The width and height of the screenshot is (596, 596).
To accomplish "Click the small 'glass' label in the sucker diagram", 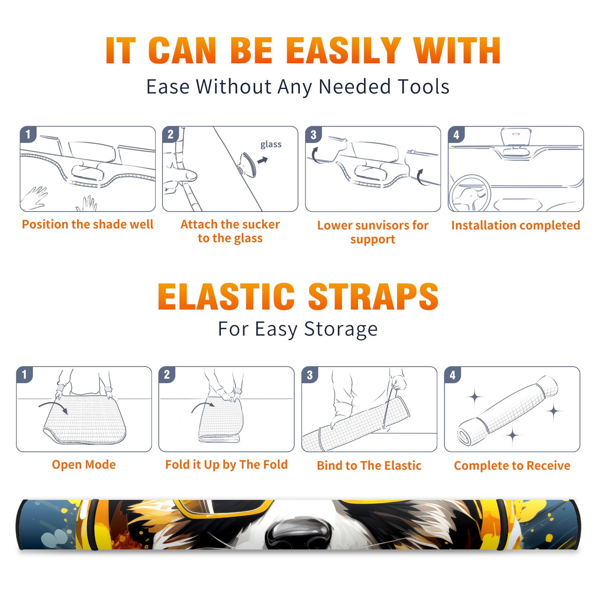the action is click(271, 144).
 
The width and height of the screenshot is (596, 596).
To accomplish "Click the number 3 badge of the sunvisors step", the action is click(313, 134).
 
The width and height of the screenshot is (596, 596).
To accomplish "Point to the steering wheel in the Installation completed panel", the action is click(470, 193).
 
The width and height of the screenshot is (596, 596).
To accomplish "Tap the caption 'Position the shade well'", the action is click(88, 224).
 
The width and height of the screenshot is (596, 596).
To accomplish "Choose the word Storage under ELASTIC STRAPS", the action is click(341, 329).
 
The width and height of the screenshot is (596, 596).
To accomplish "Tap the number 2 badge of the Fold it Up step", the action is click(167, 374).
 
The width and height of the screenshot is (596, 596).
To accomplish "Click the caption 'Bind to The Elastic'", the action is click(369, 466).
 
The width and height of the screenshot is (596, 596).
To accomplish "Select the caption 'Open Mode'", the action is click(84, 465).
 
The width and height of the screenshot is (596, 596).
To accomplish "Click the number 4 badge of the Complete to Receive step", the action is click(453, 375).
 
